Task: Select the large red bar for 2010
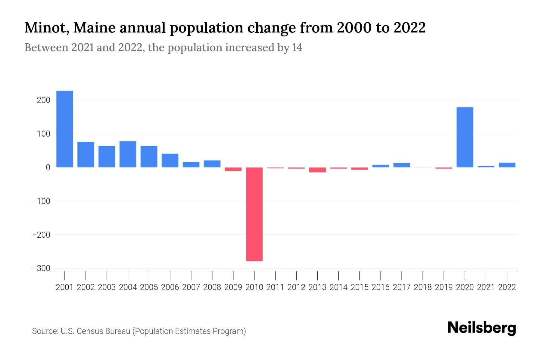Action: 254,214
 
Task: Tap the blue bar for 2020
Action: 465,137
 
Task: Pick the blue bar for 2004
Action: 128,154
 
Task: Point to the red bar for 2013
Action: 317,170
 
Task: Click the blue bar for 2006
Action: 170,160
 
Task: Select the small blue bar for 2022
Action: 507,165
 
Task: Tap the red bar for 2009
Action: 233,169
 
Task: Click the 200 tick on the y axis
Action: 43,100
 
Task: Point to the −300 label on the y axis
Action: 41,268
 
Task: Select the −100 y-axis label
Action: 41,201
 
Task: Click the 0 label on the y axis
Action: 48,168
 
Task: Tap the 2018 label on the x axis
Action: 423,287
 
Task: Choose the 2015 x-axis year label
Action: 360,287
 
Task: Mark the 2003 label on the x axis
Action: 107,287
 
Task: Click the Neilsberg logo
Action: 482,328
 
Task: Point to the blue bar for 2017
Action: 401,165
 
